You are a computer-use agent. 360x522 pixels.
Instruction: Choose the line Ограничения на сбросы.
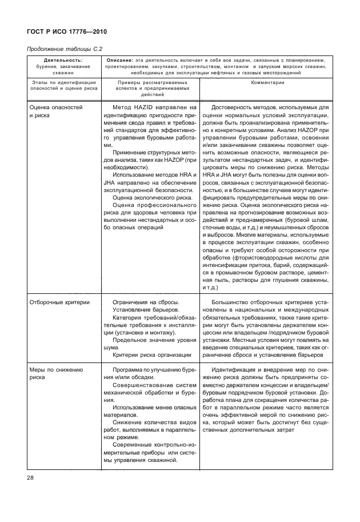click(146, 302)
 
